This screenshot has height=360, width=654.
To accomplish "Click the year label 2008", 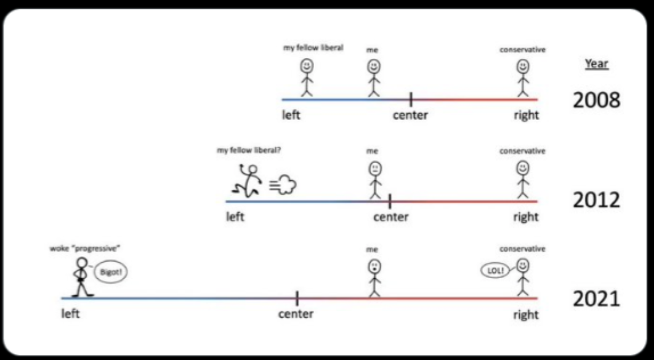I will click(x=596, y=100).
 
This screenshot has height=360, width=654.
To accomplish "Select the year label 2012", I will click(x=596, y=200).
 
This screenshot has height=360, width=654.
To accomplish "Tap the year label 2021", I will click(x=596, y=298).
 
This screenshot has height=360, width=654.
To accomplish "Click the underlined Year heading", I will click(x=596, y=63).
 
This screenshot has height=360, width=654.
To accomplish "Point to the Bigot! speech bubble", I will click(x=111, y=271).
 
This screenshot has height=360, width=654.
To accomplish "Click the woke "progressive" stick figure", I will click(x=81, y=276).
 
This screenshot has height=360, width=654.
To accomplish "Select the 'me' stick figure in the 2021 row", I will click(x=374, y=278).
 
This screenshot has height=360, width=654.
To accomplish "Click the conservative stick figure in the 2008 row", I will click(x=523, y=77).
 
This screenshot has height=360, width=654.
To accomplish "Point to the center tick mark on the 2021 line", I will click(x=297, y=298).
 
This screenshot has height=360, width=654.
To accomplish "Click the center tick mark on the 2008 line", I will click(x=411, y=98).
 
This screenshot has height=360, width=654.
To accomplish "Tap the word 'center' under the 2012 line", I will click(x=391, y=217).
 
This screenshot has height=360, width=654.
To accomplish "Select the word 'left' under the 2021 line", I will click(x=70, y=314).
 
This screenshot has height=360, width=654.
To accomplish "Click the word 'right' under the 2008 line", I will click(x=526, y=115).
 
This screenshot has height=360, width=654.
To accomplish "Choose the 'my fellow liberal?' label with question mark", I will click(x=249, y=150).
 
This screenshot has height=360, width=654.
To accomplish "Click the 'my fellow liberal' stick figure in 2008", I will click(x=307, y=77).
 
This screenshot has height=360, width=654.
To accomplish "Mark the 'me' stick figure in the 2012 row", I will click(x=374, y=179).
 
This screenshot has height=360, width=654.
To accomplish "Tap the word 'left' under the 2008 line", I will click(x=291, y=115).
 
